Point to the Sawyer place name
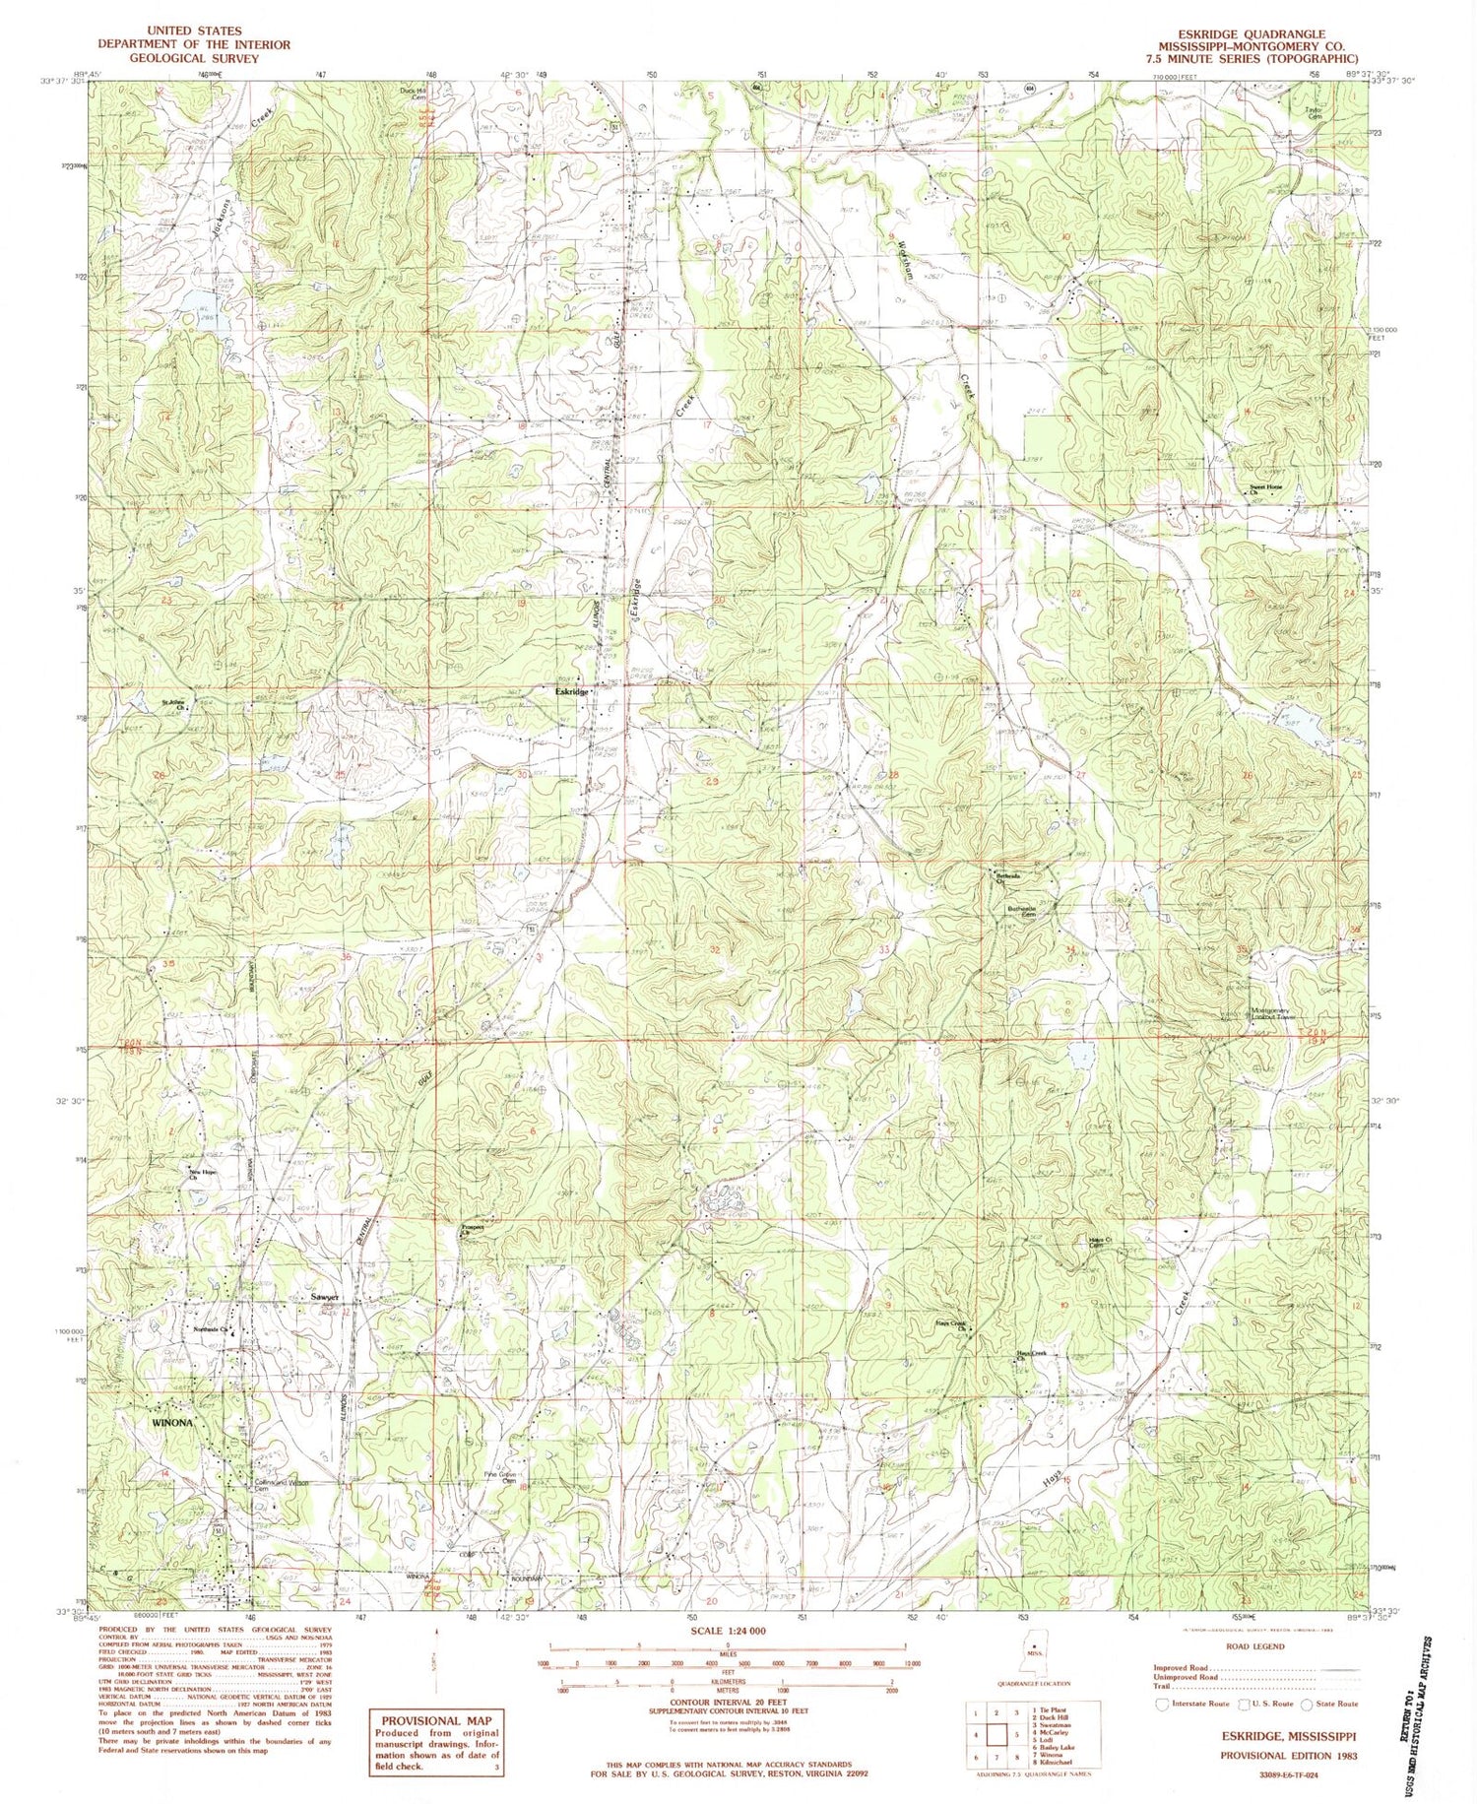(325, 1298)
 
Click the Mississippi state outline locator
(1033, 1644)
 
